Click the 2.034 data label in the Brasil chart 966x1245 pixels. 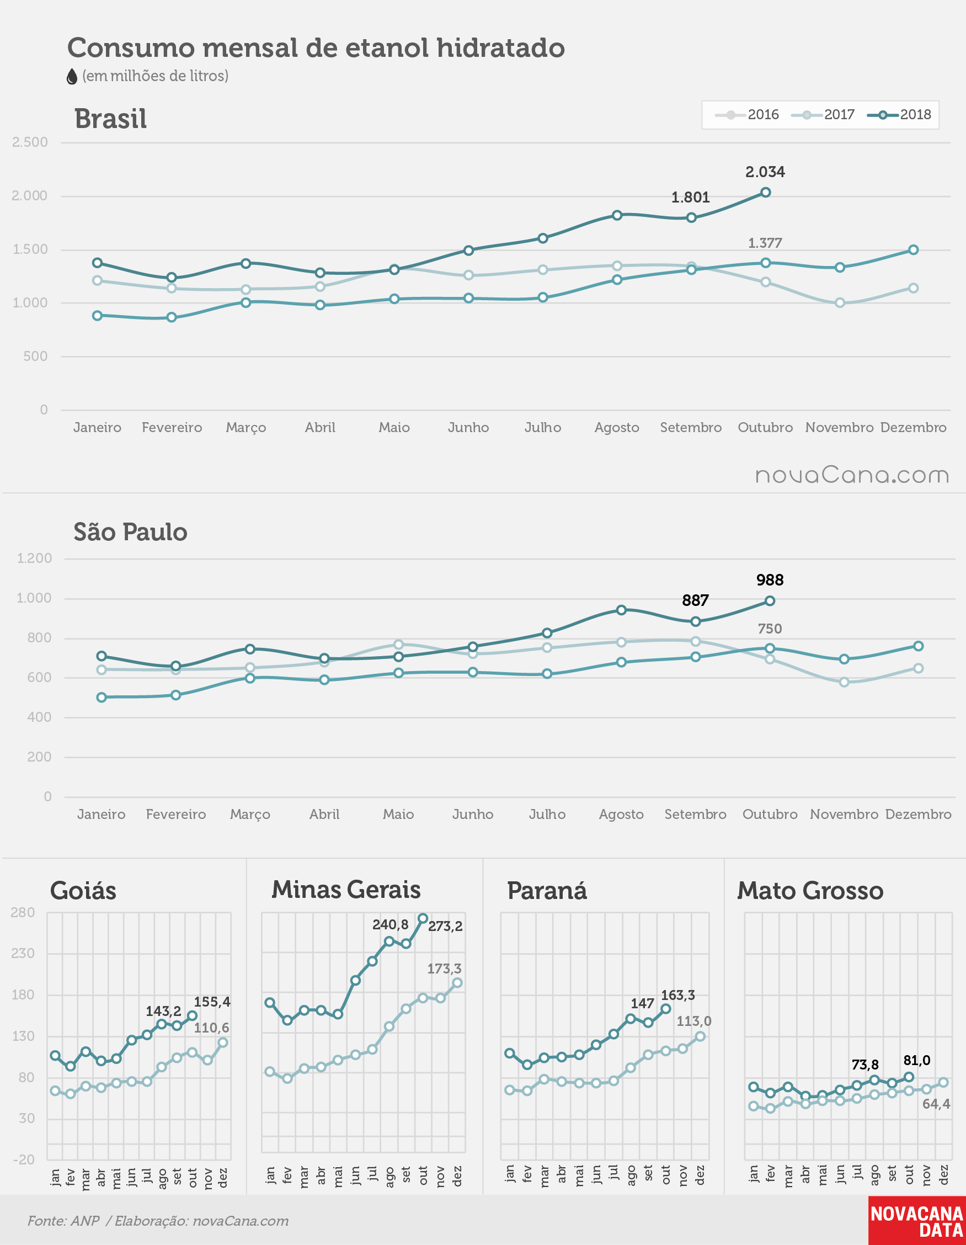pos(765,172)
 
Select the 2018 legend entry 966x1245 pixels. pos(899,115)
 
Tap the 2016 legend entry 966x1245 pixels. pos(746,115)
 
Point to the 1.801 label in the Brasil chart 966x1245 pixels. pos(690,197)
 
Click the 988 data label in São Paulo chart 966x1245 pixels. pos(770,580)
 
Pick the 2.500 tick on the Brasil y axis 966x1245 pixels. pos(30,142)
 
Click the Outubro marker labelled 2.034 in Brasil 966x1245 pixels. pos(765,192)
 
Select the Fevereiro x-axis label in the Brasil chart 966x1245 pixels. pos(172,427)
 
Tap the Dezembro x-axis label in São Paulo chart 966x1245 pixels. pos(918,814)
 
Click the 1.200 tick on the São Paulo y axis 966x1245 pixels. pos(34,558)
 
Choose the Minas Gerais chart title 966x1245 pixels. pos(346,889)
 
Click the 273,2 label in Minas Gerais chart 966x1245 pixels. pos(445,926)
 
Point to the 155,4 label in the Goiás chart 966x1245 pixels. pos(212,1002)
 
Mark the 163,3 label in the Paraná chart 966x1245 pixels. pos(677,995)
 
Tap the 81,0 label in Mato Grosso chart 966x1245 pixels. pos(916,1060)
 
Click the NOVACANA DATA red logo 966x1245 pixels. pos(917,1221)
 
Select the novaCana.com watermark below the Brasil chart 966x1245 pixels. pos(852,475)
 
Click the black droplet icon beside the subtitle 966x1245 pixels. pos(72,76)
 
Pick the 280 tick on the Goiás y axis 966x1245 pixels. pos(23,913)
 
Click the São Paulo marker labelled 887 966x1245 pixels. pos(695,621)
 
